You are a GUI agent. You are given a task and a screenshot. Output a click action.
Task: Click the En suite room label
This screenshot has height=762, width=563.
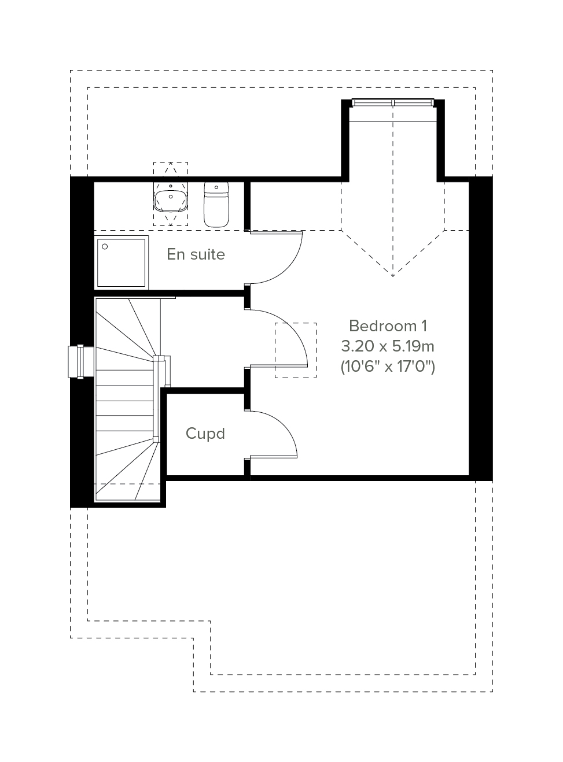click(x=196, y=254)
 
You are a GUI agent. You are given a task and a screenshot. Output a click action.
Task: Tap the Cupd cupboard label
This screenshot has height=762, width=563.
click(x=205, y=433)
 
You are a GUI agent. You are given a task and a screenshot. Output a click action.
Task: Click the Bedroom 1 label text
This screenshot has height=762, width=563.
click(x=388, y=325)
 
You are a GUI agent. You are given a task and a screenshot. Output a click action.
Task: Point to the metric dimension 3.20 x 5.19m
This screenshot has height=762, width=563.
click(x=388, y=346)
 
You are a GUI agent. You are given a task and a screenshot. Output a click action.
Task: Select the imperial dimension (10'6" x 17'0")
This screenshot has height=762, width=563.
click(x=388, y=367)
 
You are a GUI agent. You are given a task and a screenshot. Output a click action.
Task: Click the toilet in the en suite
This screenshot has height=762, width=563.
click(x=216, y=205)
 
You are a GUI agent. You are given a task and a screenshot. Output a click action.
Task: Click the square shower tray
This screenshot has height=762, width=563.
click(x=121, y=263)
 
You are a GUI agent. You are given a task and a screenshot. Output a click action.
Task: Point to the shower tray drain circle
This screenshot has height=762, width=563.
click(x=105, y=246)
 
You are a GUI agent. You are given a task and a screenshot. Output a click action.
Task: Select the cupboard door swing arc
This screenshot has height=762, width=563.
click(x=284, y=426)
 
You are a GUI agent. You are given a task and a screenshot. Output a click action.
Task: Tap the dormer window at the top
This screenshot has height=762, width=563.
click(x=393, y=103)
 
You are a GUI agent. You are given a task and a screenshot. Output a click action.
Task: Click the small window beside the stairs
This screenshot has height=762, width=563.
click(x=81, y=361)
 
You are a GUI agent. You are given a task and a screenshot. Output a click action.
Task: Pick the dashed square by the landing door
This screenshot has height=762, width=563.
click(x=296, y=350)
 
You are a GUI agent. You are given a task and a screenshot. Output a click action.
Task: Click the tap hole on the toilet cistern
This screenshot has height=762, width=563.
click(x=216, y=187)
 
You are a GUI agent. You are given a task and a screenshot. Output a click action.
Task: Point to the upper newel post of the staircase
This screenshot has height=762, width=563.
click(x=156, y=358)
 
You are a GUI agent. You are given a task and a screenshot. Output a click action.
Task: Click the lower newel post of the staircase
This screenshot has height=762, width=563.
click(x=156, y=439)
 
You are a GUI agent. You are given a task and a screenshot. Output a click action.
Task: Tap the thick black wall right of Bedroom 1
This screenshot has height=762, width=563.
click(x=481, y=328)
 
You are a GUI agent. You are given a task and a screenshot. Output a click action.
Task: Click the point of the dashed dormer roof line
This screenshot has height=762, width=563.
click(x=393, y=276)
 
